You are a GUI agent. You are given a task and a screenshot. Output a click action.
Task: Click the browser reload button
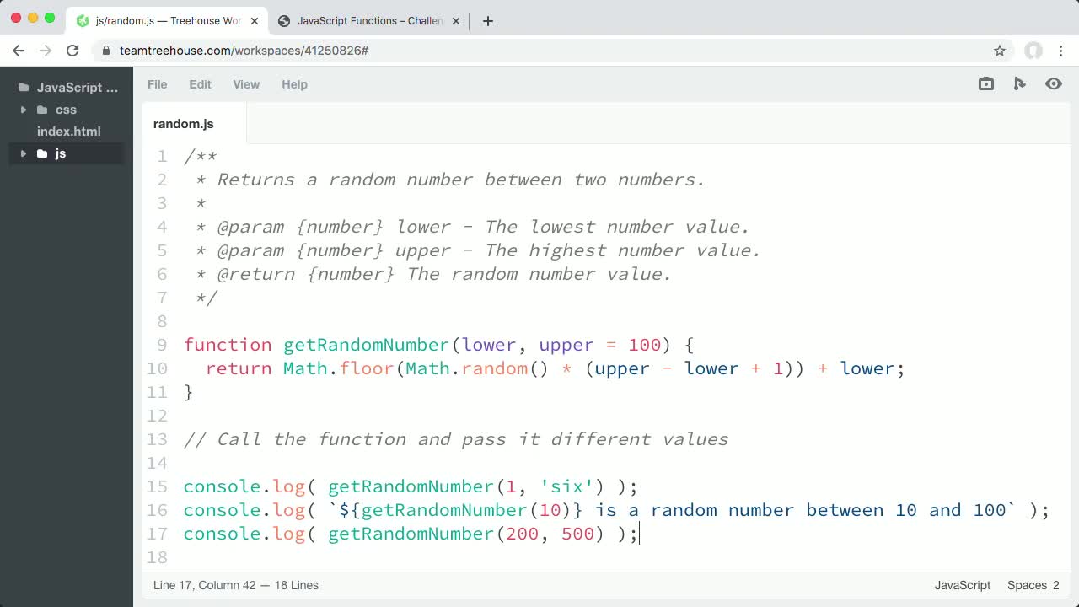tap(72, 51)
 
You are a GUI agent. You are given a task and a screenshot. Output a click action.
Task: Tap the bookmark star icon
tap(1000, 51)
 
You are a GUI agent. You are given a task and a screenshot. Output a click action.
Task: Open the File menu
tap(158, 84)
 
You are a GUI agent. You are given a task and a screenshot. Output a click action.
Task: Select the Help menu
tap(294, 84)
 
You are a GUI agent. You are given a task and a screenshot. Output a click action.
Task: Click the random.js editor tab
tap(184, 124)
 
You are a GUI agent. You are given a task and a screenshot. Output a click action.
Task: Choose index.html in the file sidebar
tap(69, 131)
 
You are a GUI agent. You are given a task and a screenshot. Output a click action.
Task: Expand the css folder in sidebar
tap(23, 110)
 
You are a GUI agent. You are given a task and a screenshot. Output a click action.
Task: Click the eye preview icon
tap(1054, 83)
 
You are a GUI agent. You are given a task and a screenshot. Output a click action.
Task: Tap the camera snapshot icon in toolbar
tap(986, 83)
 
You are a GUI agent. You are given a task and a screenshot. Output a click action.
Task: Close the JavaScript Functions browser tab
tap(456, 21)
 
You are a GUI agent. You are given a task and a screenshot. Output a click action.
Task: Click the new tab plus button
tap(488, 21)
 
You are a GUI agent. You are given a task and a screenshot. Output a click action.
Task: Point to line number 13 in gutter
tap(158, 439)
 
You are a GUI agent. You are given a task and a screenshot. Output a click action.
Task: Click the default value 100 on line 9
tap(645, 345)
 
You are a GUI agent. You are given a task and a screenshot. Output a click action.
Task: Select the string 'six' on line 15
tap(566, 486)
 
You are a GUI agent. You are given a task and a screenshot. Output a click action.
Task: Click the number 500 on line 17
tap(577, 534)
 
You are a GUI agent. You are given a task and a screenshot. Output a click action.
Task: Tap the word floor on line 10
tap(367, 368)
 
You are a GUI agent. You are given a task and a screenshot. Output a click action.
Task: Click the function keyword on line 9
tap(228, 345)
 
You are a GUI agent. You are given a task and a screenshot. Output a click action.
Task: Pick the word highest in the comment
tap(567, 250)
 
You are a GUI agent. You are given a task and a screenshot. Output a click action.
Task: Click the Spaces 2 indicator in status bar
tap(1033, 585)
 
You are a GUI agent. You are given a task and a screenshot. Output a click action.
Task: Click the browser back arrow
tap(19, 51)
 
